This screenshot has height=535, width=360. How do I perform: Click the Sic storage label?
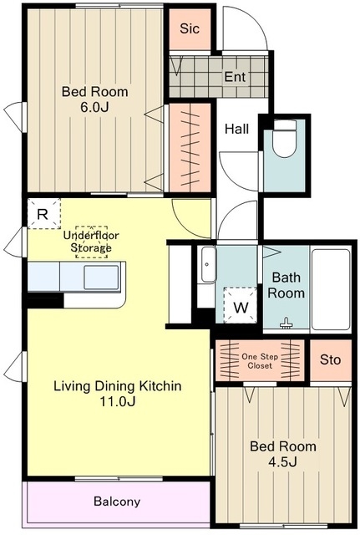click(190, 28)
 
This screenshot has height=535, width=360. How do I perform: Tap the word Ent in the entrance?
click(235, 76)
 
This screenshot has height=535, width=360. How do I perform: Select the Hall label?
click(237, 129)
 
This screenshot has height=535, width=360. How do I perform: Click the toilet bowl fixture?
click(286, 138)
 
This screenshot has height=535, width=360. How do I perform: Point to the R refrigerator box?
click(43, 214)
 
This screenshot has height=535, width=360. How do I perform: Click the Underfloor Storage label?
click(91, 242)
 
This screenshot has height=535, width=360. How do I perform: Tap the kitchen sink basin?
click(102, 277)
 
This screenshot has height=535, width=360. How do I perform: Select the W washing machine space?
click(241, 305)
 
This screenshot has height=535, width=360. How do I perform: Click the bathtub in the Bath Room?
click(331, 289)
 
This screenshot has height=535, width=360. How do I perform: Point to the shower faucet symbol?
click(286, 324)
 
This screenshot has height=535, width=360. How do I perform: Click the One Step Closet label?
click(260, 361)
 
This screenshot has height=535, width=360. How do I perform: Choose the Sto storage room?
click(330, 360)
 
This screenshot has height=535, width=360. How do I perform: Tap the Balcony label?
click(117, 502)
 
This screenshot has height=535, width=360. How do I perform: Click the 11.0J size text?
click(117, 401)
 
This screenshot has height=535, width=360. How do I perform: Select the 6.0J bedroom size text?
click(94, 107)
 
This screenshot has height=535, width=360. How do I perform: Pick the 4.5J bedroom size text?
click(283, 462)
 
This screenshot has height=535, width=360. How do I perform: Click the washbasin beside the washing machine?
click(208, 264)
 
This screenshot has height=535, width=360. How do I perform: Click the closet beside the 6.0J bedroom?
click(190, 147)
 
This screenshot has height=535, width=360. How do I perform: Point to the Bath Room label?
click(286, 285)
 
